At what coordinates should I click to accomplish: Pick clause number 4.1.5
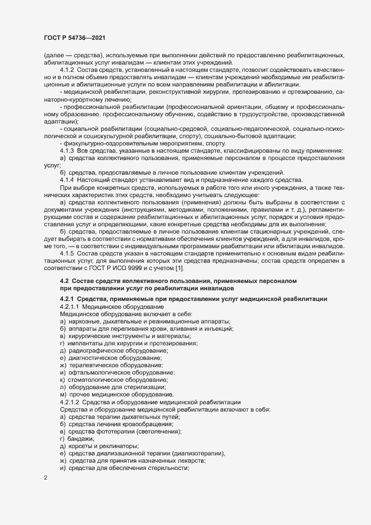coord(67,254)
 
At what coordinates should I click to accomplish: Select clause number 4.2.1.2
coord(70,402)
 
